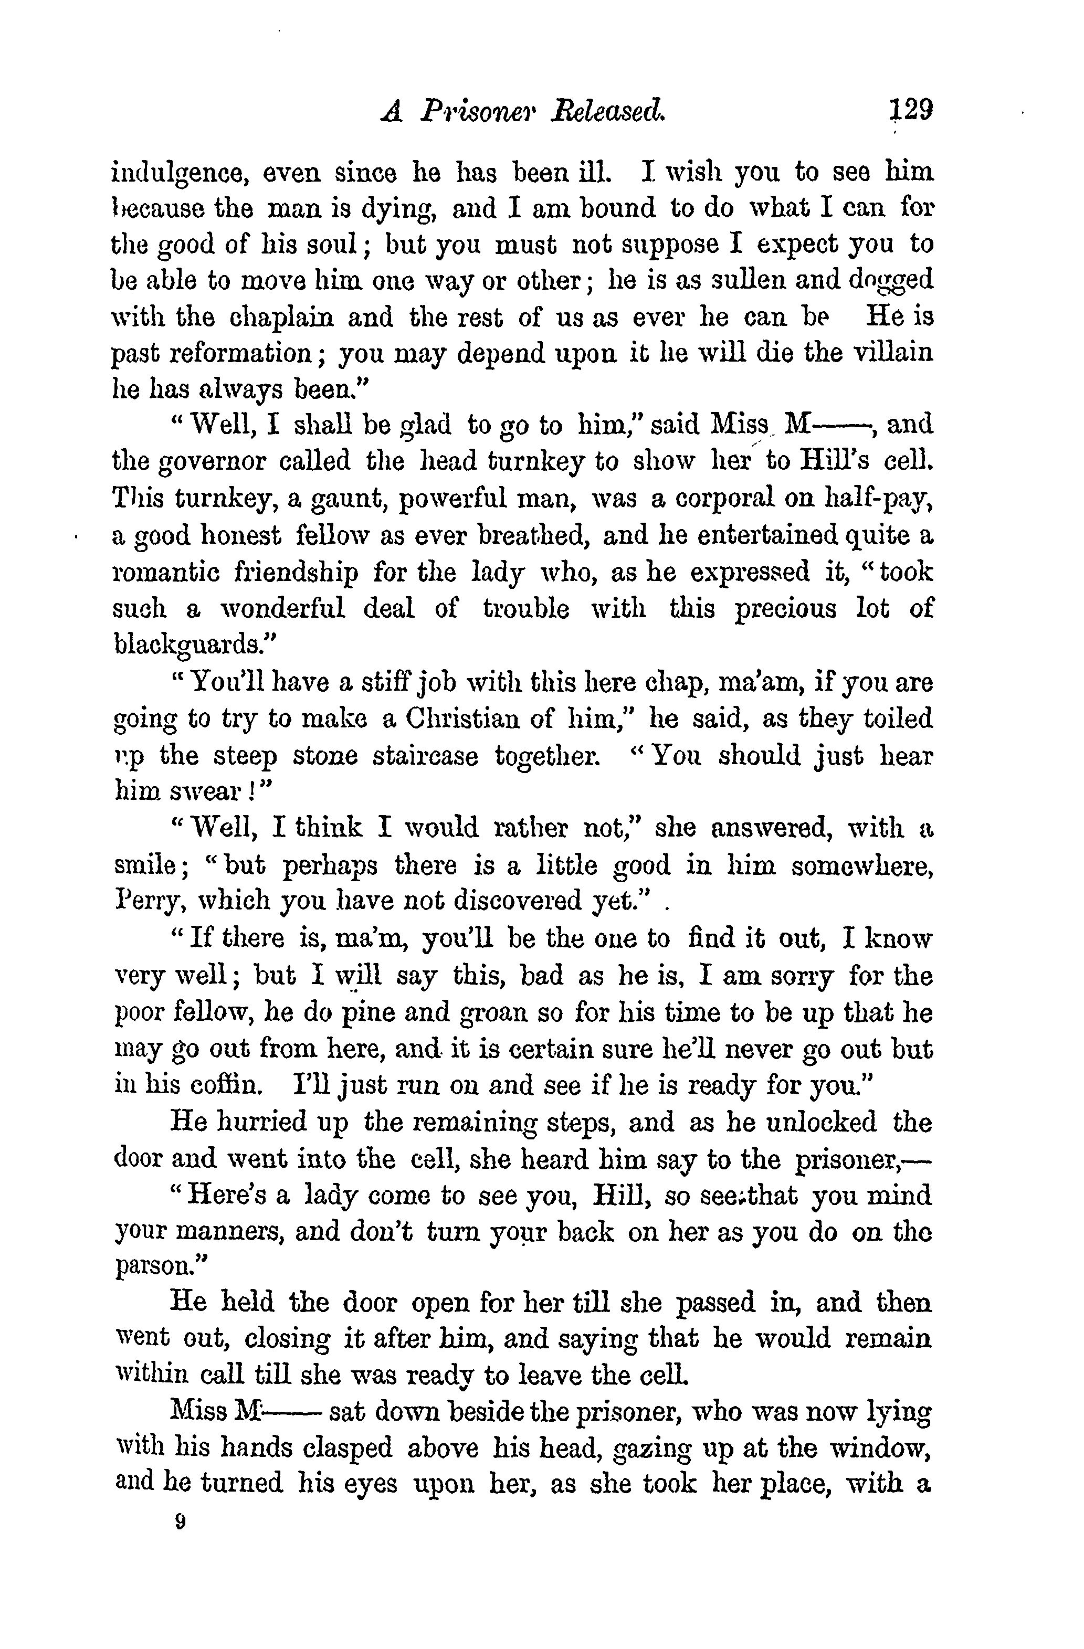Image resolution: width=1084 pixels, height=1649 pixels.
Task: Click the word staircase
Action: pyautogui.click(x=425, y=756)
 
